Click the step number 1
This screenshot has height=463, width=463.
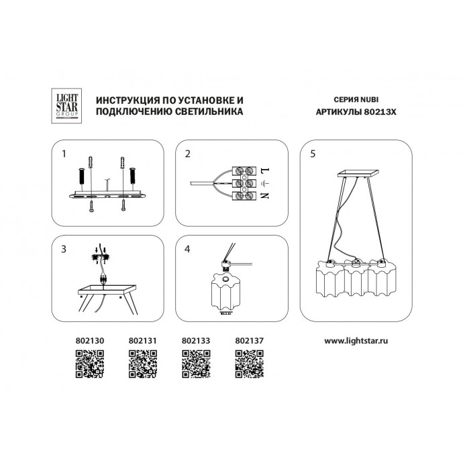pyautogui.click(x=64, y=154)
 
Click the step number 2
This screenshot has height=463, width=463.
pyautogui.click(x=188, y=154)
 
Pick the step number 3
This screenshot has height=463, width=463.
pyautogui.click(x=64, y=250)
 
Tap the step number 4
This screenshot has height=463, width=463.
pyautogui.click(x=188, y=250)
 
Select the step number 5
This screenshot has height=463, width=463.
pyautogui.click(x=313, y=154)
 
